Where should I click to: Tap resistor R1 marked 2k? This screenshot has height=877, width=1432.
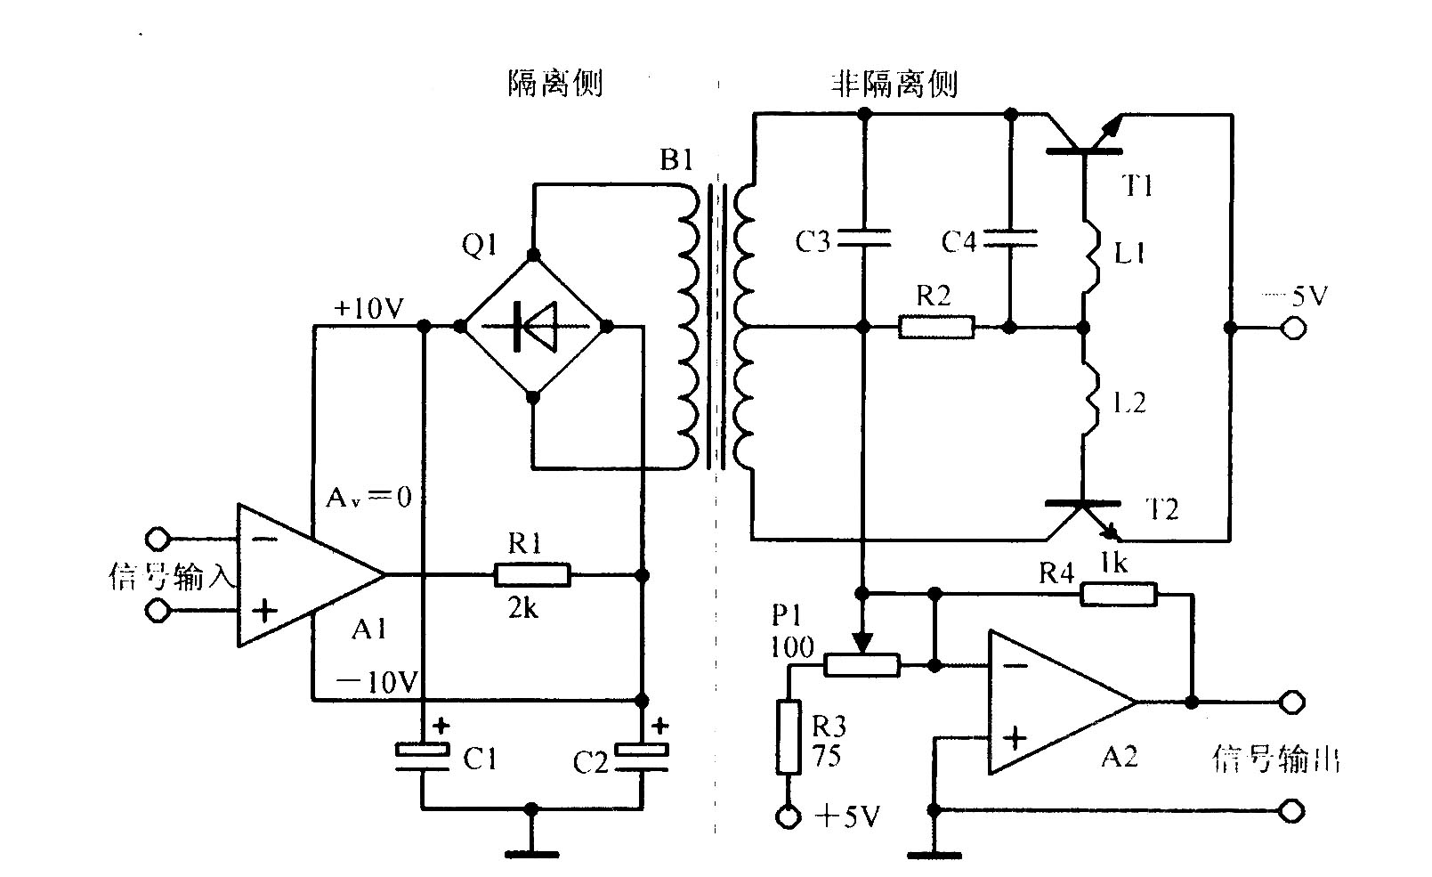tap(531, 575)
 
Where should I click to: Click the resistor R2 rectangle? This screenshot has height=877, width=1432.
tap(935, 327)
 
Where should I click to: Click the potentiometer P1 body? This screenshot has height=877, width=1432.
tap(861, 664)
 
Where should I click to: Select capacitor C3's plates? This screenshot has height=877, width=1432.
tap(863, 236)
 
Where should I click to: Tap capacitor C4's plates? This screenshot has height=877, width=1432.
tap(1010, 236)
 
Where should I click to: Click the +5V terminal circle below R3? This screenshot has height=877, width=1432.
tap(788, 816)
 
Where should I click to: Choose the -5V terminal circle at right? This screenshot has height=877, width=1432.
tap(1292, 329)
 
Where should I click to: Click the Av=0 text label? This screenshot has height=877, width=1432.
tap(368, 497)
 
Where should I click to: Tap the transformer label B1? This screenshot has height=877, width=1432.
tap(676, 161)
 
